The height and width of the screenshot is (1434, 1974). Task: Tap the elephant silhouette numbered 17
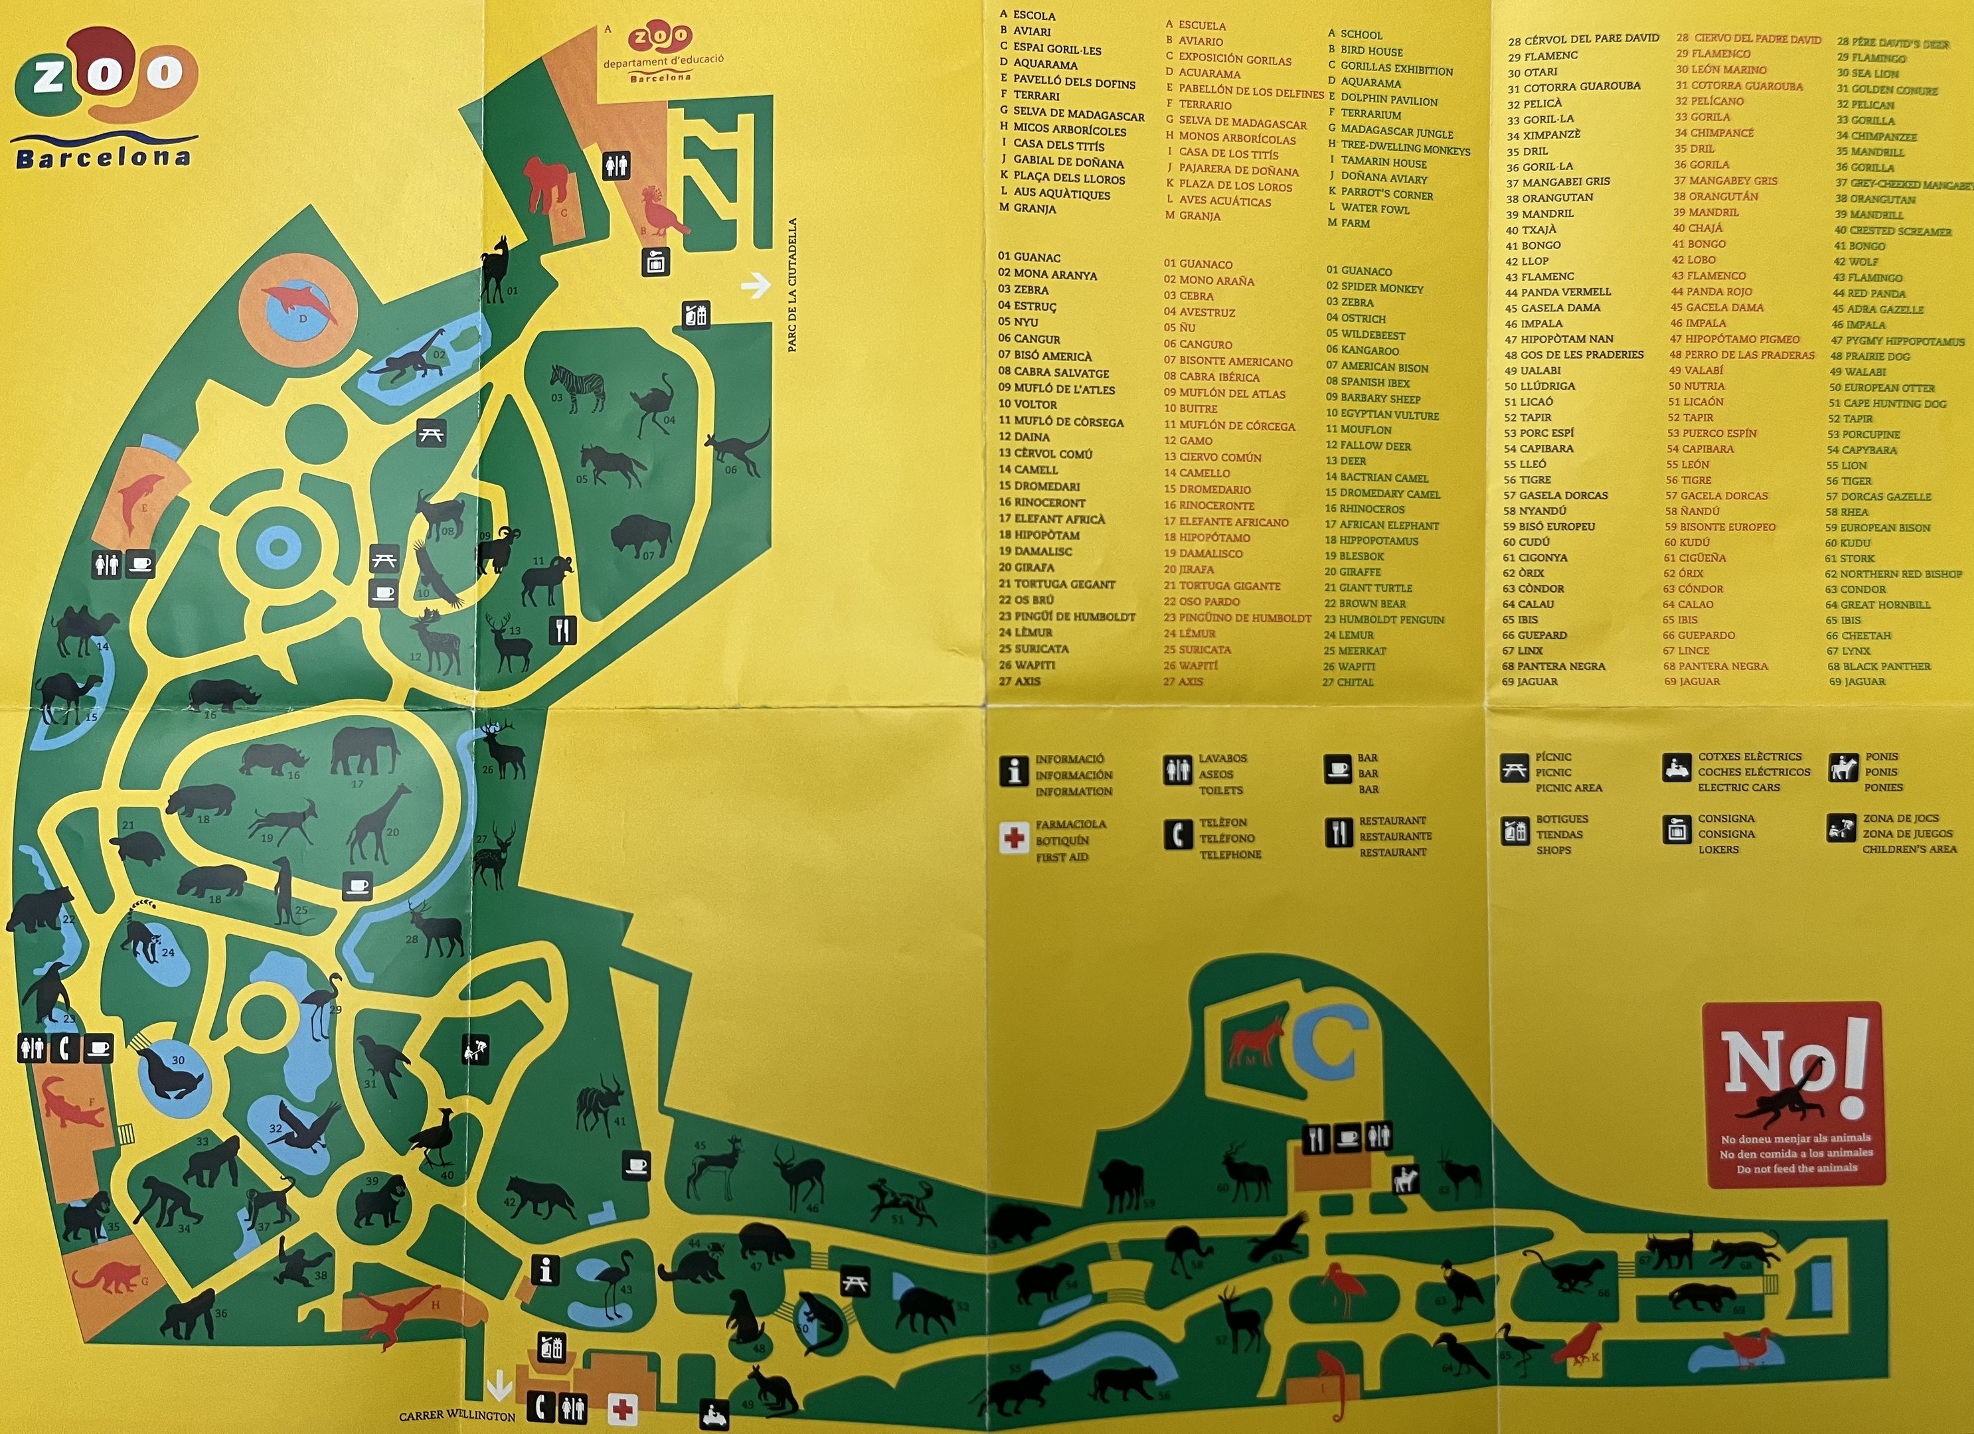pyautogui.click(x=365, y=750)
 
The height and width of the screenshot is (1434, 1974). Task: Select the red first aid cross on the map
pyautogui.click(x=621, y=1409)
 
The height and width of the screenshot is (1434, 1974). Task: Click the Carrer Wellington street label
pyautogui.click(x=456, y=1415)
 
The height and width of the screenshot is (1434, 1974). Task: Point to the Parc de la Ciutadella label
pyautogui.click(x=792, y=285)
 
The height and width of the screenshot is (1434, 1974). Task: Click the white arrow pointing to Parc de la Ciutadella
pyautogui.click(x=756, y=285)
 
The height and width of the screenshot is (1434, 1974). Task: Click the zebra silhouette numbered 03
pyautogui.click(x=578, y=386)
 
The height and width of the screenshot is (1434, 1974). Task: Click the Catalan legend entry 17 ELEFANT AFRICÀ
pyautogui.click(x=1052, y=518)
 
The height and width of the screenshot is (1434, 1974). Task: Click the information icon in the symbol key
pyautogui.click(x=1013, y=771)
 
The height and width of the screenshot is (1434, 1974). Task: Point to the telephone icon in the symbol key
pyautogui.click(x=1178, y=835)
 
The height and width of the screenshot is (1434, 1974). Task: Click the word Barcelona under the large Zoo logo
pyautogui.click(x=103, y=157)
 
